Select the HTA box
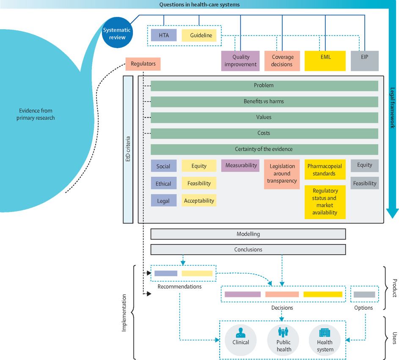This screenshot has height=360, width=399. (164, 36)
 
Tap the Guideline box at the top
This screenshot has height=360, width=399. (199, 36)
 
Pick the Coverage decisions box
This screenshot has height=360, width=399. (282, 60)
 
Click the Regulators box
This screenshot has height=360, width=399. (143, 64)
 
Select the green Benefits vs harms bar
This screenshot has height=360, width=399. (264, 102)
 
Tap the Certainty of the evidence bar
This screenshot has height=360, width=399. (264, 149)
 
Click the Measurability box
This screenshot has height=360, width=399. (241, 165)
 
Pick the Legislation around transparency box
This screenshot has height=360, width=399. (282, 174)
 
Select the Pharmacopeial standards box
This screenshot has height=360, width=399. (325, 170)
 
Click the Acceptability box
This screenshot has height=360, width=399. (199, 201)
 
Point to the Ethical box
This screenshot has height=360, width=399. (163, 183)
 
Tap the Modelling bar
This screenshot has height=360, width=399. (248, 234)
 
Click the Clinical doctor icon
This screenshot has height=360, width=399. (240, 332)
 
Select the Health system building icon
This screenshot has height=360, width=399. (325, 332)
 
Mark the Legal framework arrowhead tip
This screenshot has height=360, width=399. (393, 217)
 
